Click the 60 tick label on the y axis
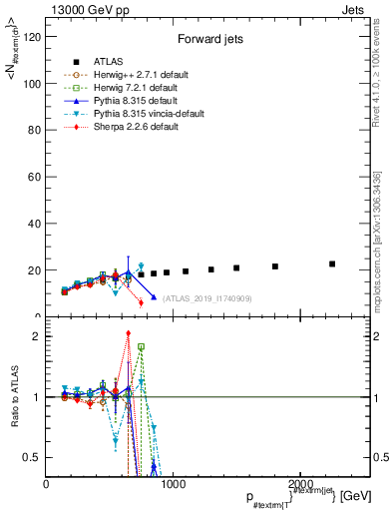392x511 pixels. pos(34,177)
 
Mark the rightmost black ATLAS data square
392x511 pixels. pos(332,264)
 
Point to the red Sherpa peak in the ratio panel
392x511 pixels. pos(128,333)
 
